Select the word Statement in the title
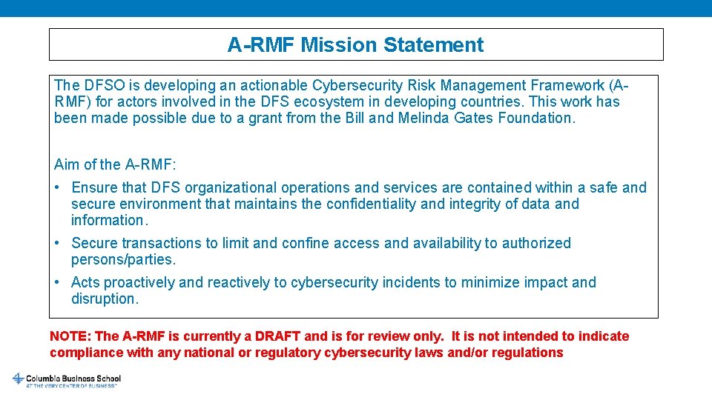tap(434, 45)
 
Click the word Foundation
tap(536, 118)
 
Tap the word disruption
tap(105, 299)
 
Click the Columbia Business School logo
tap(67, 380)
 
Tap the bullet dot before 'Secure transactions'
tap(58, 243)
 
